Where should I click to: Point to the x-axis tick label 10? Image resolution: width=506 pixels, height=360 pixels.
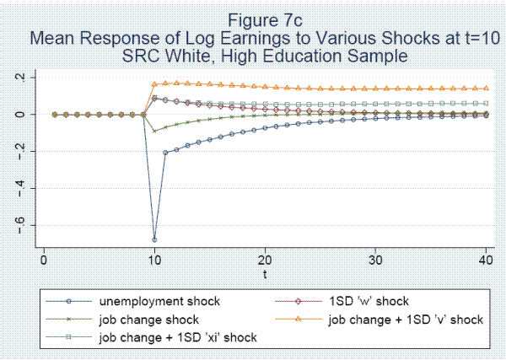tap(154, 261)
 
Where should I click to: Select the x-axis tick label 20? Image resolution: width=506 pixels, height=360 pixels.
tap(266, 261)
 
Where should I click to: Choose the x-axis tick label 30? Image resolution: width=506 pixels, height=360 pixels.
tap(377, 261)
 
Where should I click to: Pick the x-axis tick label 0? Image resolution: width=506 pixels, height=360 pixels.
tap(43, 261)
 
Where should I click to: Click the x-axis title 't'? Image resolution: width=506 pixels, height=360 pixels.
tap(266, 273)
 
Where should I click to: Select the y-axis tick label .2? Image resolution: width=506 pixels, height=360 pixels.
tap(26, 78)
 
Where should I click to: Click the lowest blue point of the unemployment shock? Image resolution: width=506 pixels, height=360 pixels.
tap(154, 239)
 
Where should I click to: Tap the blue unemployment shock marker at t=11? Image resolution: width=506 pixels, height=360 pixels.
tap(165, 152)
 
